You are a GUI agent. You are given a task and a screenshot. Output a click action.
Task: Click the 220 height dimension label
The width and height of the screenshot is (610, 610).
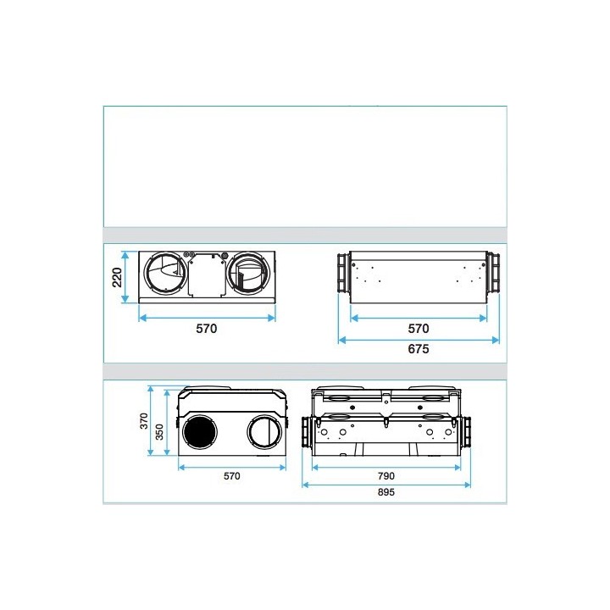(118, 277)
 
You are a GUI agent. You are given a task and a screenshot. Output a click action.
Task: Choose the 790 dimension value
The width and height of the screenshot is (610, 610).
(386, 475)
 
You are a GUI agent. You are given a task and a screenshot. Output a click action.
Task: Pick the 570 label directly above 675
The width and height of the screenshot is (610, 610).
(419, 329)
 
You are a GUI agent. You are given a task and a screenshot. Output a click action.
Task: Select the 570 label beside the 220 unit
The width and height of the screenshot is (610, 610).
(206, 329)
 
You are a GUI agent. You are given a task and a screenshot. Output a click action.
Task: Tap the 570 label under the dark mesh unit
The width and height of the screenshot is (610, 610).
(231, 476)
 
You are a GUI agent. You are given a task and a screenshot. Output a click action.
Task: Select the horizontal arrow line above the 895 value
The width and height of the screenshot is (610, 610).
(386, 485)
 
